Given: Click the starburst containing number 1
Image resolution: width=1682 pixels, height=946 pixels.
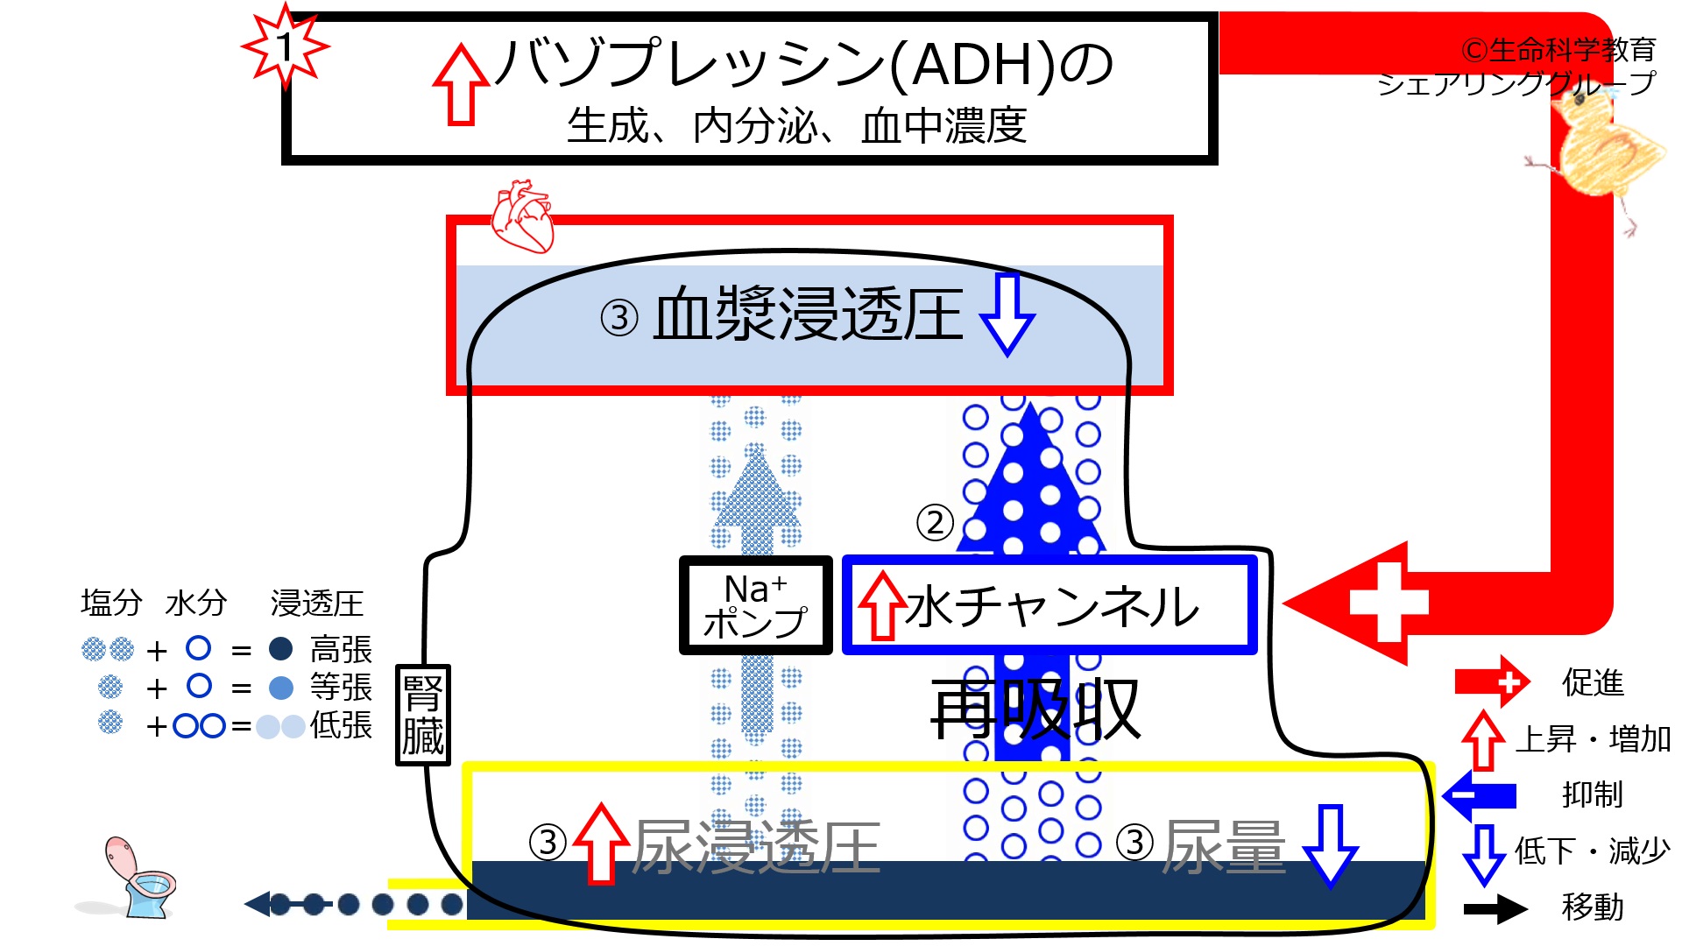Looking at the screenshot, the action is click(285, 46).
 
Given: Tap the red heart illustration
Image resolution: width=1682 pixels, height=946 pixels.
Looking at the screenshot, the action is click(522, 217).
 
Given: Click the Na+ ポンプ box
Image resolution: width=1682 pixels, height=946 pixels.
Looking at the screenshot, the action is click(755, 605).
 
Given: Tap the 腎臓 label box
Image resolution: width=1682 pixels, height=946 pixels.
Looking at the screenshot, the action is click(423, 715).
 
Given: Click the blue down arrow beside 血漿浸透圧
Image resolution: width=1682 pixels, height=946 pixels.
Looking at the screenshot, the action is click(1007, 314).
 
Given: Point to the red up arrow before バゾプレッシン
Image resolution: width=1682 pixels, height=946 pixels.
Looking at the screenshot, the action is click(461, 85).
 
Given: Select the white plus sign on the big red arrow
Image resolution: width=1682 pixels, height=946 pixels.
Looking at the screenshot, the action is click(1389, 603).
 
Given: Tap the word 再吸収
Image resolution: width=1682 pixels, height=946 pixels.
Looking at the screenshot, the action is click(1035, 709).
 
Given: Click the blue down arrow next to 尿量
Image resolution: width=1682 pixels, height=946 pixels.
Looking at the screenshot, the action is click(1330, 846).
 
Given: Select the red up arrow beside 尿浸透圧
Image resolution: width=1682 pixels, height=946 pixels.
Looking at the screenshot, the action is click(602, 843).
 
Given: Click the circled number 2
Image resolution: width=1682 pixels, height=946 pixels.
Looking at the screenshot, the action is click(935, 523).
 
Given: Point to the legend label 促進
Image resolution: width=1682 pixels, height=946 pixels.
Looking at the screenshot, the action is click(1593, 682).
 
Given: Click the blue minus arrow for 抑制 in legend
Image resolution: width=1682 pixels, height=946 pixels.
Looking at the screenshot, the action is click(1480, 795).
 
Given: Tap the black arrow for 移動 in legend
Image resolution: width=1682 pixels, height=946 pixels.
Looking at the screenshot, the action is click(1496, 908).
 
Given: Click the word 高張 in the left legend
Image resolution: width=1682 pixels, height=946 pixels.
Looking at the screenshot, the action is click(341, 650).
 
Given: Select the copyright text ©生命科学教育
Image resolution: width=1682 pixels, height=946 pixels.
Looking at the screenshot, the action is click(1558, 50).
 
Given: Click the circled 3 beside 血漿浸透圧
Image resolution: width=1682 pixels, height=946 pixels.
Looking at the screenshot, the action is click(619, 317).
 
